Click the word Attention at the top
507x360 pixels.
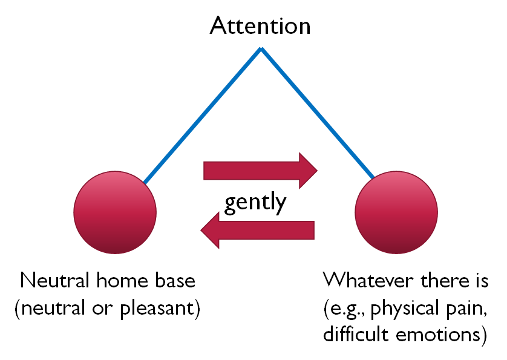pyautogui.click(x=260, y=26)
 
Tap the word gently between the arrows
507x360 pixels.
pyautogui.click(x=255, y=203)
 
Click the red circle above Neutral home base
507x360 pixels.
pyautogui.click(x=115, y=212)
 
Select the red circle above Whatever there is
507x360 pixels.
pyautogui.click(x=396, y=212)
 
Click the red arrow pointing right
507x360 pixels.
pyautogui.click(x=260, y=171)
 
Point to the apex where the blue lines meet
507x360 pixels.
pyautogui.click(x=261, y=48)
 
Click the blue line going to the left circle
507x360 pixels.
pyautogui.click(x=203, y=116)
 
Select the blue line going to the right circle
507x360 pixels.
pyautogui.click(x=318, y=115)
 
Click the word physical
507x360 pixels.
pyautogui.click(x=404, y=308)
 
